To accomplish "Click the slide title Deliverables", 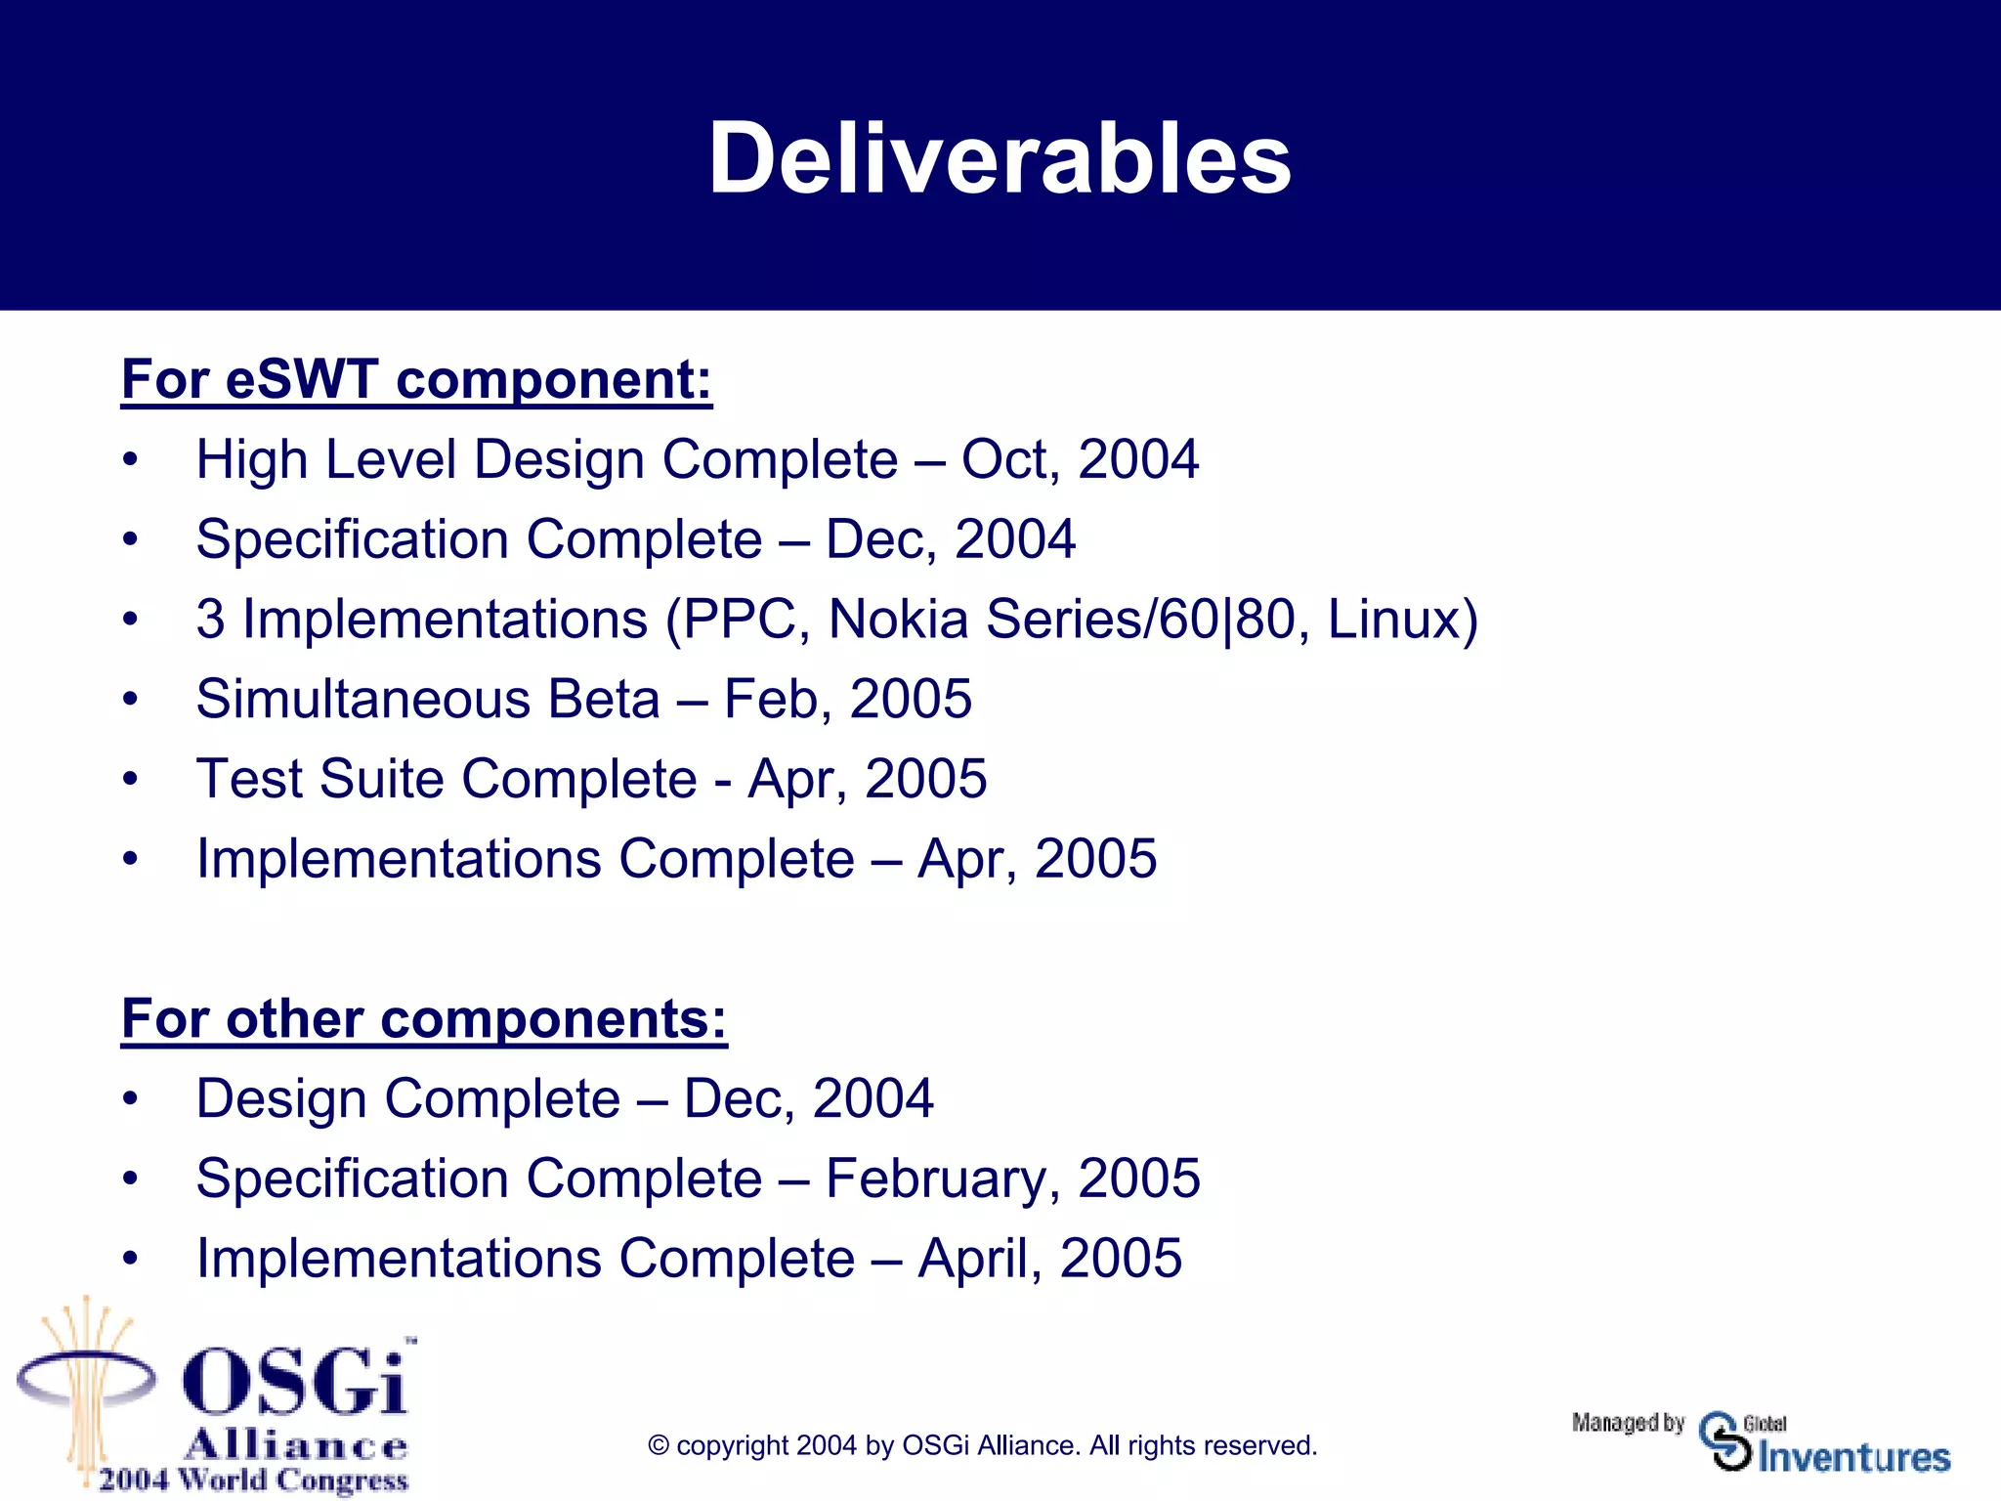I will click(1000, 158).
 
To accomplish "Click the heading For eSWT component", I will click(416, 379).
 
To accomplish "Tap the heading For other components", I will click(424, 1019).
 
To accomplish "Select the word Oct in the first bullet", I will click(1005, 459).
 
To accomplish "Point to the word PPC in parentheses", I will click(738, 620).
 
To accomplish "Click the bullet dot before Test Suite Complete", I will click(130, 780).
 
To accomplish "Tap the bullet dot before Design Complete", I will click(130, 1099).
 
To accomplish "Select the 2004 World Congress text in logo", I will click(252, 1480).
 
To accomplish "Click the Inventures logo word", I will click(1853, 1457).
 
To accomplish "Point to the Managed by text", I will click(1628, 1423).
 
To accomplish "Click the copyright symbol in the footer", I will click(659, 1446).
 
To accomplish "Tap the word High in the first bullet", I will click(251, 459).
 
